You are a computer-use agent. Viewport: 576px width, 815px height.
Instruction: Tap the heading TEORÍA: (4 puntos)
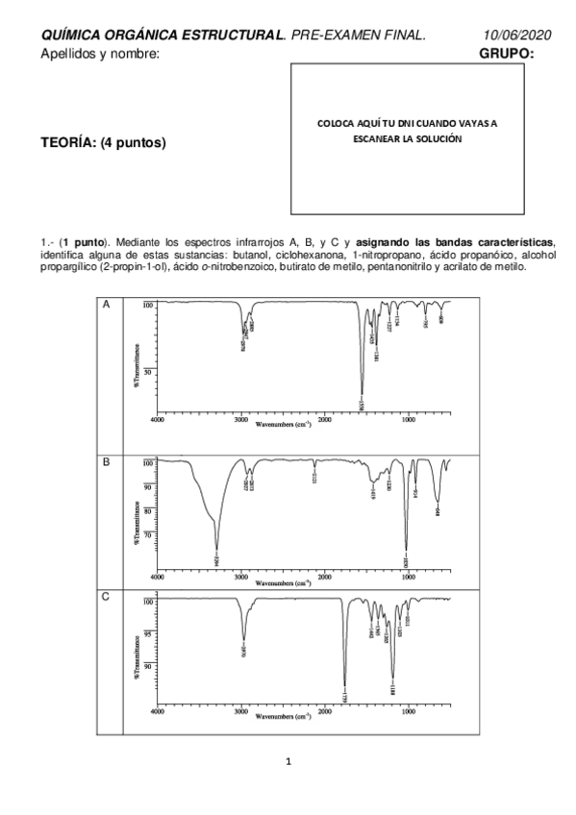point(104,143)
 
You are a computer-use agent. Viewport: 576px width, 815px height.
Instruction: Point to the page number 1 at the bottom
point(288,762)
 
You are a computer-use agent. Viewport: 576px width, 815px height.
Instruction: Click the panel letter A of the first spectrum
point(106,304)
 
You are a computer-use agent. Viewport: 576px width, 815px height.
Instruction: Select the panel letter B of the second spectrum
point(106,463)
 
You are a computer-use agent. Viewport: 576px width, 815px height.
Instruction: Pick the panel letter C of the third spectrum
point(106,598)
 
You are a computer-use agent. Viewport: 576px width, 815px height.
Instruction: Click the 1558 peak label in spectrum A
point(362,407)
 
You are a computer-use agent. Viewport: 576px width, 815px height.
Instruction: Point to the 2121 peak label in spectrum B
point(315,477)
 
